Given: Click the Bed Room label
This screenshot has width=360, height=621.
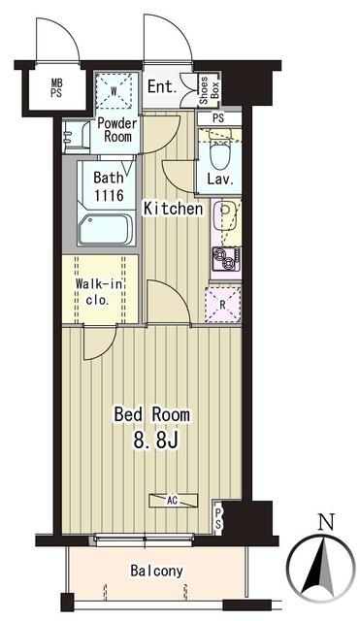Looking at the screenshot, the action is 152,414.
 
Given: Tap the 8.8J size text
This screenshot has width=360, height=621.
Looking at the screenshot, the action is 156,440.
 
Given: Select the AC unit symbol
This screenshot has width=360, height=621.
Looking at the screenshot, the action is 173,501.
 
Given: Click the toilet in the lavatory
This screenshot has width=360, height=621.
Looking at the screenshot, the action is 219,154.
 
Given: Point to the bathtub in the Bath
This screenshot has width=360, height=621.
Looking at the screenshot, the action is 105,230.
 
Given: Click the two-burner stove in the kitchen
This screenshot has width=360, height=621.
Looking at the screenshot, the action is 226,259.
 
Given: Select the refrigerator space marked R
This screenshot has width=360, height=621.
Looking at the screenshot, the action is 223,305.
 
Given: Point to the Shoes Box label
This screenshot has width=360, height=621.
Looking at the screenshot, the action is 209,90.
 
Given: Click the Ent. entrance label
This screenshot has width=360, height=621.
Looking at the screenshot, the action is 162,86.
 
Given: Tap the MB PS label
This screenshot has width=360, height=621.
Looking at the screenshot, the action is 56,88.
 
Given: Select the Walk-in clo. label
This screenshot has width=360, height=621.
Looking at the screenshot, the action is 99,292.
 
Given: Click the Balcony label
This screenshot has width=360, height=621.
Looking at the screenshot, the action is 157,571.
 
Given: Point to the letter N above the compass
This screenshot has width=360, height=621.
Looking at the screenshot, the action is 328,522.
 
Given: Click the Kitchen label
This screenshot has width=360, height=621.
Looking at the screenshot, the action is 173,209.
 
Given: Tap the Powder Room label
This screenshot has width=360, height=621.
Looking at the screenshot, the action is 117,130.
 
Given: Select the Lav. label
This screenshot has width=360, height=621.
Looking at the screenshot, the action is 220,180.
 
